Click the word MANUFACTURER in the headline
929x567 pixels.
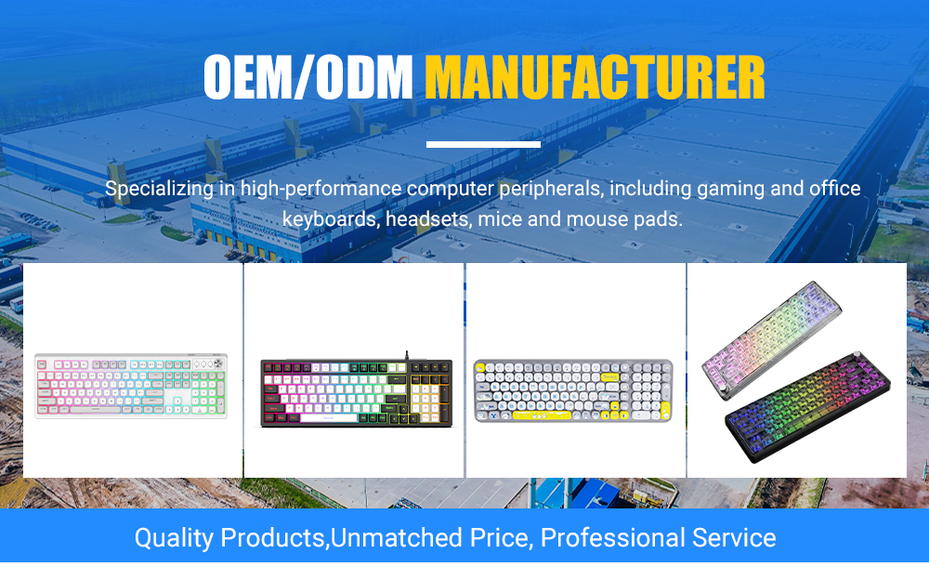[x=595, y=77]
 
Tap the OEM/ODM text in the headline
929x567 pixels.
[x=307, y=77]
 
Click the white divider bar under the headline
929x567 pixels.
[x=483, y=144]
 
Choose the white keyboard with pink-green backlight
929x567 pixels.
[x=131, y=386]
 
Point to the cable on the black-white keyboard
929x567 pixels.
[x=406, y=354]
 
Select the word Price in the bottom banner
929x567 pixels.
[x=498, y=537]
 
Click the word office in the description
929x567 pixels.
[x=835, y=189]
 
